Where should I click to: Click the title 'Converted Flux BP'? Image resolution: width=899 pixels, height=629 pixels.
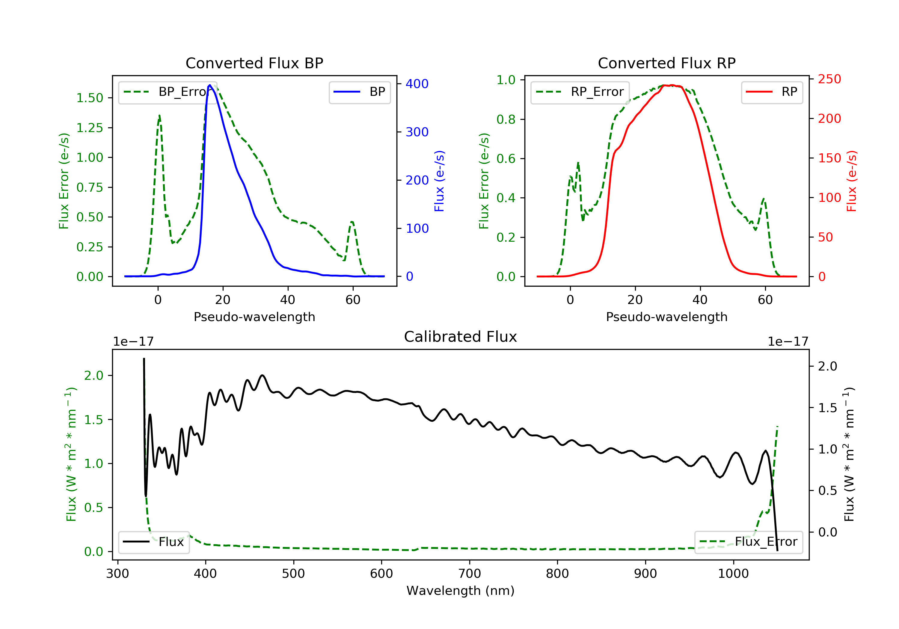pyautogui.click(x=254, y=63)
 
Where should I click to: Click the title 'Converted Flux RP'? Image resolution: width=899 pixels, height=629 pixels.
pyautogui.click(x=666, y=63)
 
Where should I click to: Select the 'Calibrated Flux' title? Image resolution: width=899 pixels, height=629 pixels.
pyautogui.click(x=461, y=337)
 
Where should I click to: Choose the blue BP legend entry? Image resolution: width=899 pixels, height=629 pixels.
pyautogui.click(x=359, y=92)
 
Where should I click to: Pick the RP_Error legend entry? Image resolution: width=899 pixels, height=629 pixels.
pyautogui.click(x=580, y=92)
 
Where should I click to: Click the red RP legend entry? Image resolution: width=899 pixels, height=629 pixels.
pyautogui.click(x=772, y=92)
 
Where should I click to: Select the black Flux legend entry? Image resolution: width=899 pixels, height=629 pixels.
pyautogui.click(x=153, y=542)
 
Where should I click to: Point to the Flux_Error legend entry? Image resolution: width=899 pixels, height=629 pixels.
pyautogui.click(x=748, y=542)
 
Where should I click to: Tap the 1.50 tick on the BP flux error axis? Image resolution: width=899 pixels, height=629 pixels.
pyautogui.click(x=90, y=98)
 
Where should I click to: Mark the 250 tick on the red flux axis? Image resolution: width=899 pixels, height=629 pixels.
pyautogui.click(x=829, y=79)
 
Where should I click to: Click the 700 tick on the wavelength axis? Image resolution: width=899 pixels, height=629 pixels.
pyautogui.click(x=470, y=574)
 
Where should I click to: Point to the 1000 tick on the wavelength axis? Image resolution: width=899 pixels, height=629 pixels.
pyautogui.click(x=733, y=574)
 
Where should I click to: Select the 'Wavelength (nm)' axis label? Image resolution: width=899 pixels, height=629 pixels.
pyautogui.click(x=461, y=591)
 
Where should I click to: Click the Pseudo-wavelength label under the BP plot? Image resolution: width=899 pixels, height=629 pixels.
pyautogui.click(x=254, y=317)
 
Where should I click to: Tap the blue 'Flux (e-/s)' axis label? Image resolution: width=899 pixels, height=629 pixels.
pyautogui.click(x=439, y=181)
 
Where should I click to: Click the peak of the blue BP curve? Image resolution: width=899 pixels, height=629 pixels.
pyautogui.click(x=210, y=85)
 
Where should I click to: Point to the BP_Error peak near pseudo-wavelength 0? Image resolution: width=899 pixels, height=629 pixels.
pyautogui.click(x=159, y=116)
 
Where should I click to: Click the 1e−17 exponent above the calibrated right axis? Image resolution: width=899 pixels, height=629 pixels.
pyautogui.click(x=788, y=342)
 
